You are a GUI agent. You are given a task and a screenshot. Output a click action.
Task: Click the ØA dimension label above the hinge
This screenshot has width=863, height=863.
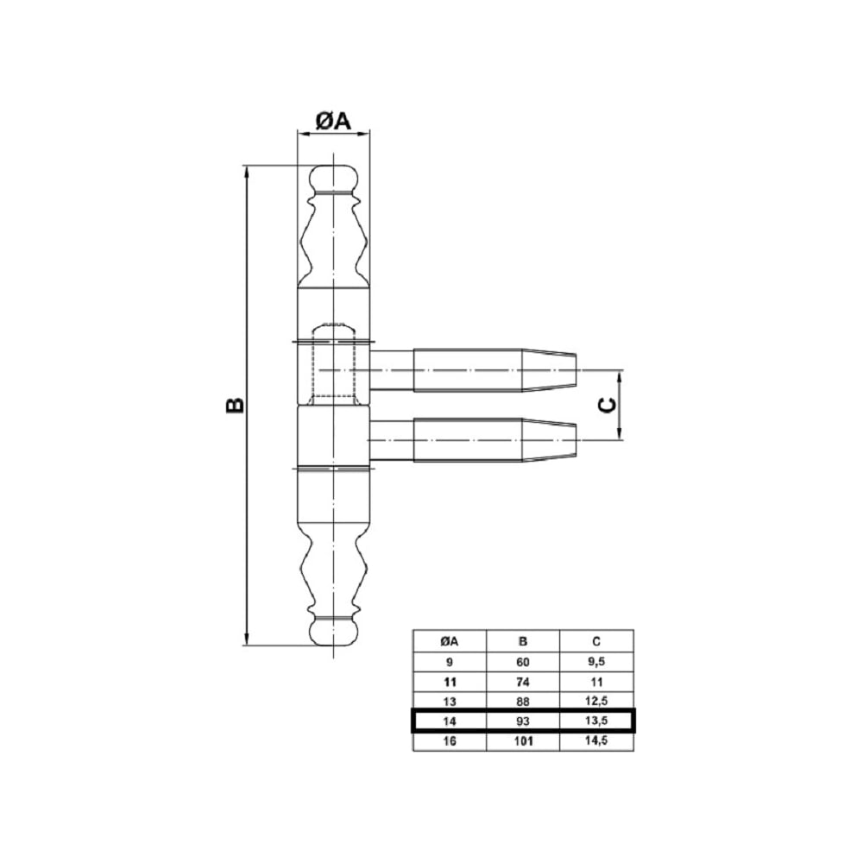(333, 121)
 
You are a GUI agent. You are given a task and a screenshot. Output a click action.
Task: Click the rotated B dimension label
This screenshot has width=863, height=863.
(235, 405)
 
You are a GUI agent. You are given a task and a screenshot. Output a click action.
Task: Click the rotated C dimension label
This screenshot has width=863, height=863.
(607, 406)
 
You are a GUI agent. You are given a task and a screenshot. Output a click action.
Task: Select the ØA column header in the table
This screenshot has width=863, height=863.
(450, 641)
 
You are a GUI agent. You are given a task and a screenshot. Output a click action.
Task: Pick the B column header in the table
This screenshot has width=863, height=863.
(523, 641)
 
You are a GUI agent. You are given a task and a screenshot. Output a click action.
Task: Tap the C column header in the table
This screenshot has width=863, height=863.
(596, 641)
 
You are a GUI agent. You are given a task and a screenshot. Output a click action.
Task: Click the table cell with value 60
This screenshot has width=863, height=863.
(523, 662)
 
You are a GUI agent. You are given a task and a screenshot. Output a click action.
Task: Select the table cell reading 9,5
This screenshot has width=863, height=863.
(596, 662)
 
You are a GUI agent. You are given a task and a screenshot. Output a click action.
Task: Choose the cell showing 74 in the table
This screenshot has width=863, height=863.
(523, 682)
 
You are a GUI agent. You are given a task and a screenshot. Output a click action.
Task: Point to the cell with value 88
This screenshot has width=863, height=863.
(523, 702)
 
